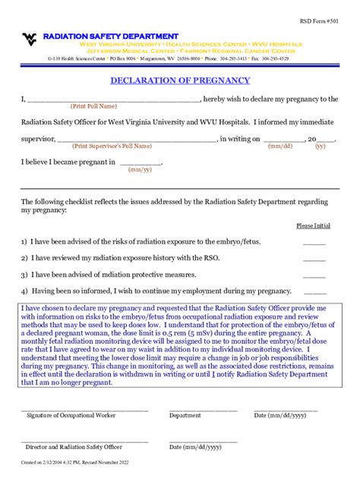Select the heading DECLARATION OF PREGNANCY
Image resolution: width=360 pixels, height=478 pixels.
pos(180,80)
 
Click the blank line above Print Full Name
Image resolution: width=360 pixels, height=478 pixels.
pos(114,100)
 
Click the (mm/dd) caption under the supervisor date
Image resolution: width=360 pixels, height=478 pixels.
pos(280,146)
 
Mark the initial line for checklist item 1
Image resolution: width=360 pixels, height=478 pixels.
pos(314,244)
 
